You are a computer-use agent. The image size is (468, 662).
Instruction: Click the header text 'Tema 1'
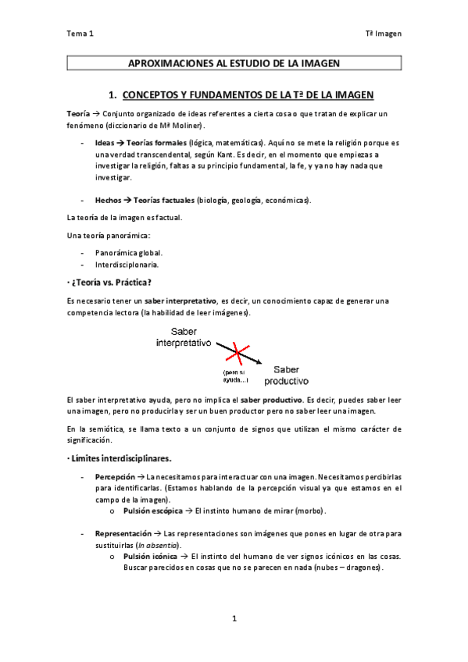pos(80,34)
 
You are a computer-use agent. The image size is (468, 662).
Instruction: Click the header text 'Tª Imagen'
pos(383,34)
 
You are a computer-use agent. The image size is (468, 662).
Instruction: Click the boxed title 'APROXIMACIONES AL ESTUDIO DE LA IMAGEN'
pos(234,63)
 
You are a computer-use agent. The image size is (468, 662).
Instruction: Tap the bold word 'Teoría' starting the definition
pos(77,114)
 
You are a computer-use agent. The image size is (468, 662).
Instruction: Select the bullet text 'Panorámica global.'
pos(128,253)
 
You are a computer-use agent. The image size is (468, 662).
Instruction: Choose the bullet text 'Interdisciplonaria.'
pos(127,265)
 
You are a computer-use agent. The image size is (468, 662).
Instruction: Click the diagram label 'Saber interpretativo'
pos(184,337)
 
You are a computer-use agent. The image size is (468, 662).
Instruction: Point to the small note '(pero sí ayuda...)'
pos(235,375)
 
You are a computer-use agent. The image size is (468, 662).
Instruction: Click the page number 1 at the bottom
pos(234,619)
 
